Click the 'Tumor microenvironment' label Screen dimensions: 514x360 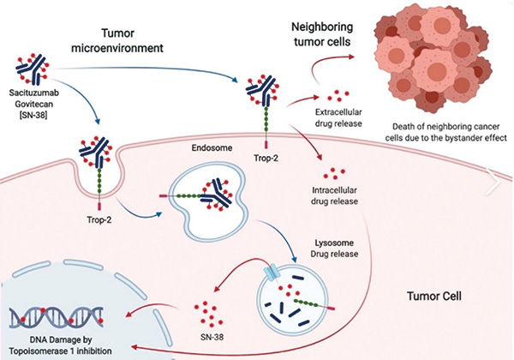pos(117,40)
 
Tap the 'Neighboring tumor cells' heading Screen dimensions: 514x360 pos(322,34)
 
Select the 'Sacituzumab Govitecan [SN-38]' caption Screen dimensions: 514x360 pos(33,104)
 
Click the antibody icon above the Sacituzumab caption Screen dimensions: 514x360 pos(33,69)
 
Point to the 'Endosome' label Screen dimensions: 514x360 pos(212,148)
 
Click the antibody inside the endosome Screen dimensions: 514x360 pos(218,195)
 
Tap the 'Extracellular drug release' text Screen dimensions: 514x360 pos(338,117)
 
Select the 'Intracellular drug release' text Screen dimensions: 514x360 pos(334,195)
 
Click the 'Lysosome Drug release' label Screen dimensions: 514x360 pos(334,249)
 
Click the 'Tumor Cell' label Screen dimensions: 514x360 pos(434,296)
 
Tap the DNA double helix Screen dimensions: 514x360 pos(57,317)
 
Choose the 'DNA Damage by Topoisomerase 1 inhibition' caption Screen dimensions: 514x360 pos(60,345)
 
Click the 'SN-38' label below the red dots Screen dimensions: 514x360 pos(212,337)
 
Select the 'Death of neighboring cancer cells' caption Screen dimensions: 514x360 pos(446,132)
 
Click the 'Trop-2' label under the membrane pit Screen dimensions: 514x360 pos(99,219)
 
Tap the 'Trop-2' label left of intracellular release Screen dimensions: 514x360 pos(266,158)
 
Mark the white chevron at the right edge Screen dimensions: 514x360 pos(494,182)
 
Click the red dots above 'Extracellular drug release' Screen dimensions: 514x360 pos(338,95)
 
